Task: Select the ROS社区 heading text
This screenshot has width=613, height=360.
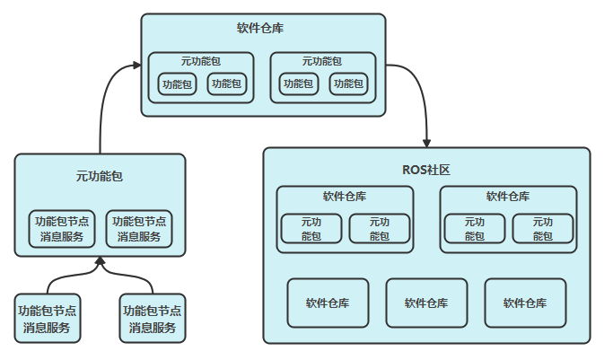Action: [x=426, y=170]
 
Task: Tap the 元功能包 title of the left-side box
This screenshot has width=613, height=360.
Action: [x=100, y=176]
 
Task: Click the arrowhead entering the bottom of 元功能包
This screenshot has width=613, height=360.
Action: [x=100, y=261]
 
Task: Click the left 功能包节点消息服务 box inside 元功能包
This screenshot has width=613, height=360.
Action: [x=63, y=229]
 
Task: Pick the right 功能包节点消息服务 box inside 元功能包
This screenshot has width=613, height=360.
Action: [x=138, y=229]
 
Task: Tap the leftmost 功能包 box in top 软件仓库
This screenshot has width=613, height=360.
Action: [x=177, y=84]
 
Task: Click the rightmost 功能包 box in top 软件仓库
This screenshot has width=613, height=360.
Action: [x=347, y=84]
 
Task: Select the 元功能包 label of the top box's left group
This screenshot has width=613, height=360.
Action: [x=201, y=61]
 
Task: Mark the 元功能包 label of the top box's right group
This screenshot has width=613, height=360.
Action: [x=322, y=61]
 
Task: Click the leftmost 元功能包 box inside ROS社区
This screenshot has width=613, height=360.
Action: [x=311, y=229]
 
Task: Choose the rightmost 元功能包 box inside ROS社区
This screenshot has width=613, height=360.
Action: [x=543, y=229]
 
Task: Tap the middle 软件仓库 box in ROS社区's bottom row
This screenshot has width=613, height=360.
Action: [x=426, y=303]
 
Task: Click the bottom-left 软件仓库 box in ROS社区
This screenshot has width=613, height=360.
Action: [x=328, y=303]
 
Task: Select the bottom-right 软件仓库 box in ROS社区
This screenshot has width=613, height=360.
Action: [x=525, y=303]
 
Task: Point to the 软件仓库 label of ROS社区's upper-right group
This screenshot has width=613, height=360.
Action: [x=508, y=197]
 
